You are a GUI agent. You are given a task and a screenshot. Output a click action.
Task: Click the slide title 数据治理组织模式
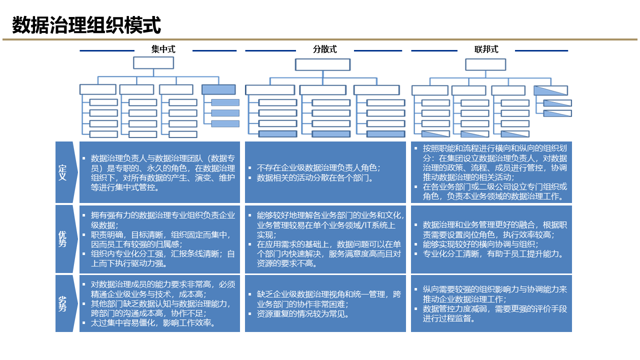pos(86,25)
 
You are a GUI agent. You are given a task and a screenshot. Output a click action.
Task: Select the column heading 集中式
pos(163,49)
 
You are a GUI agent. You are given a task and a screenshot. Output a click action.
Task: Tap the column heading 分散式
pos(325,49)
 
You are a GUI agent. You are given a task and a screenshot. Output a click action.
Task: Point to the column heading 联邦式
pos(486,49)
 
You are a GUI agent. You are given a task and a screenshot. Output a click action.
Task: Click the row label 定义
pos(63,172)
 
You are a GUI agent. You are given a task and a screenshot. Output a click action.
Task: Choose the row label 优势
pos(63,239)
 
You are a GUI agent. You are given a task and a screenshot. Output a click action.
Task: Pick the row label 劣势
pos(63,303)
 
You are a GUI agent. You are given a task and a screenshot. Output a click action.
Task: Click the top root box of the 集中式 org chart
pos(153,63)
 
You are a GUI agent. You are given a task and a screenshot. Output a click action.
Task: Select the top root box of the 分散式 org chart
pos(322,64)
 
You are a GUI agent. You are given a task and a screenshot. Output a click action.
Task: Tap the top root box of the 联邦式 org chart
pos(485,64)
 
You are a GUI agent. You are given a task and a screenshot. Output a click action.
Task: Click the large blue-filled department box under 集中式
pos(218,89)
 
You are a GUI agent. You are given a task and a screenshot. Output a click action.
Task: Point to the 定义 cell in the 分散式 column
pos(325,172)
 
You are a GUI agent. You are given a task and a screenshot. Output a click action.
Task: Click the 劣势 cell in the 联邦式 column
pos(491,303)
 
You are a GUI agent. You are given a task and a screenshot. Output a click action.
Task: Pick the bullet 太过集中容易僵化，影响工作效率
pos(153,323)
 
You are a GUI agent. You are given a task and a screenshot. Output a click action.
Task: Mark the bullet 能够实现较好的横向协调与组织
pos(480,244)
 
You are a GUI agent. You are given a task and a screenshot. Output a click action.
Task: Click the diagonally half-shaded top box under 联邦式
pos(550,90)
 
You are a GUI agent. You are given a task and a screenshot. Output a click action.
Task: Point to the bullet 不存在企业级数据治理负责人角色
pos(318,168)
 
